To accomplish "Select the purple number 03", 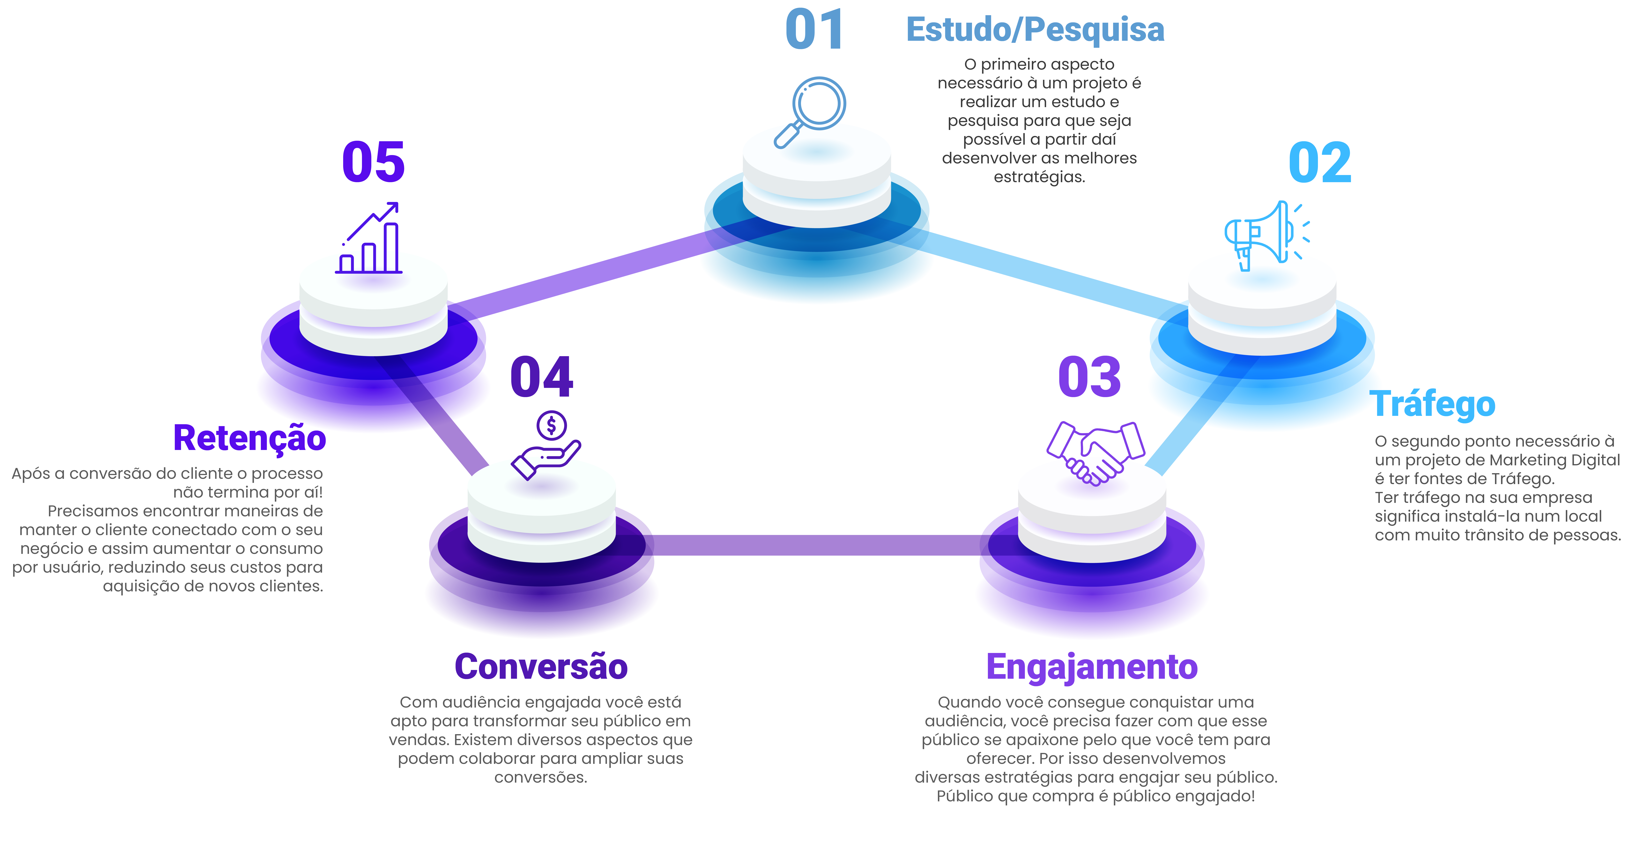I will click(1089, 377).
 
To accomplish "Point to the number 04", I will click(542, 377).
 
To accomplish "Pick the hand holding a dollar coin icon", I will click(547, 445).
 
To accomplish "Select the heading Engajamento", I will click(1092, 667).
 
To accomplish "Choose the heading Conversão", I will click(541, 667).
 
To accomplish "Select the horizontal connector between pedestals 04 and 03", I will click(814, 545).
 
